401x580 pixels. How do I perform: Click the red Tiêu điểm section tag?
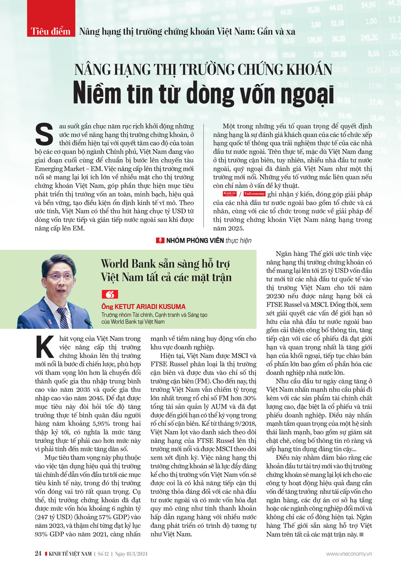51,31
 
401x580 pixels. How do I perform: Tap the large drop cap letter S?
44,135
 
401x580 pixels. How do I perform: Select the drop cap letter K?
45,347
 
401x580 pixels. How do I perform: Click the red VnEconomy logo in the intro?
255,194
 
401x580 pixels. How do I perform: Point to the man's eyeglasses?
60,277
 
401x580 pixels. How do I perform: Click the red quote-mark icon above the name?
109,295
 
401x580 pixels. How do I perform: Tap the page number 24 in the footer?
38,554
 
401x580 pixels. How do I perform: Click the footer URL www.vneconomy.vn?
349,554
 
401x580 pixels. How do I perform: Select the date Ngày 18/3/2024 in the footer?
131,554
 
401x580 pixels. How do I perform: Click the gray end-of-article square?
361,534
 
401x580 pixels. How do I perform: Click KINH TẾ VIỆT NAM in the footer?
70,554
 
